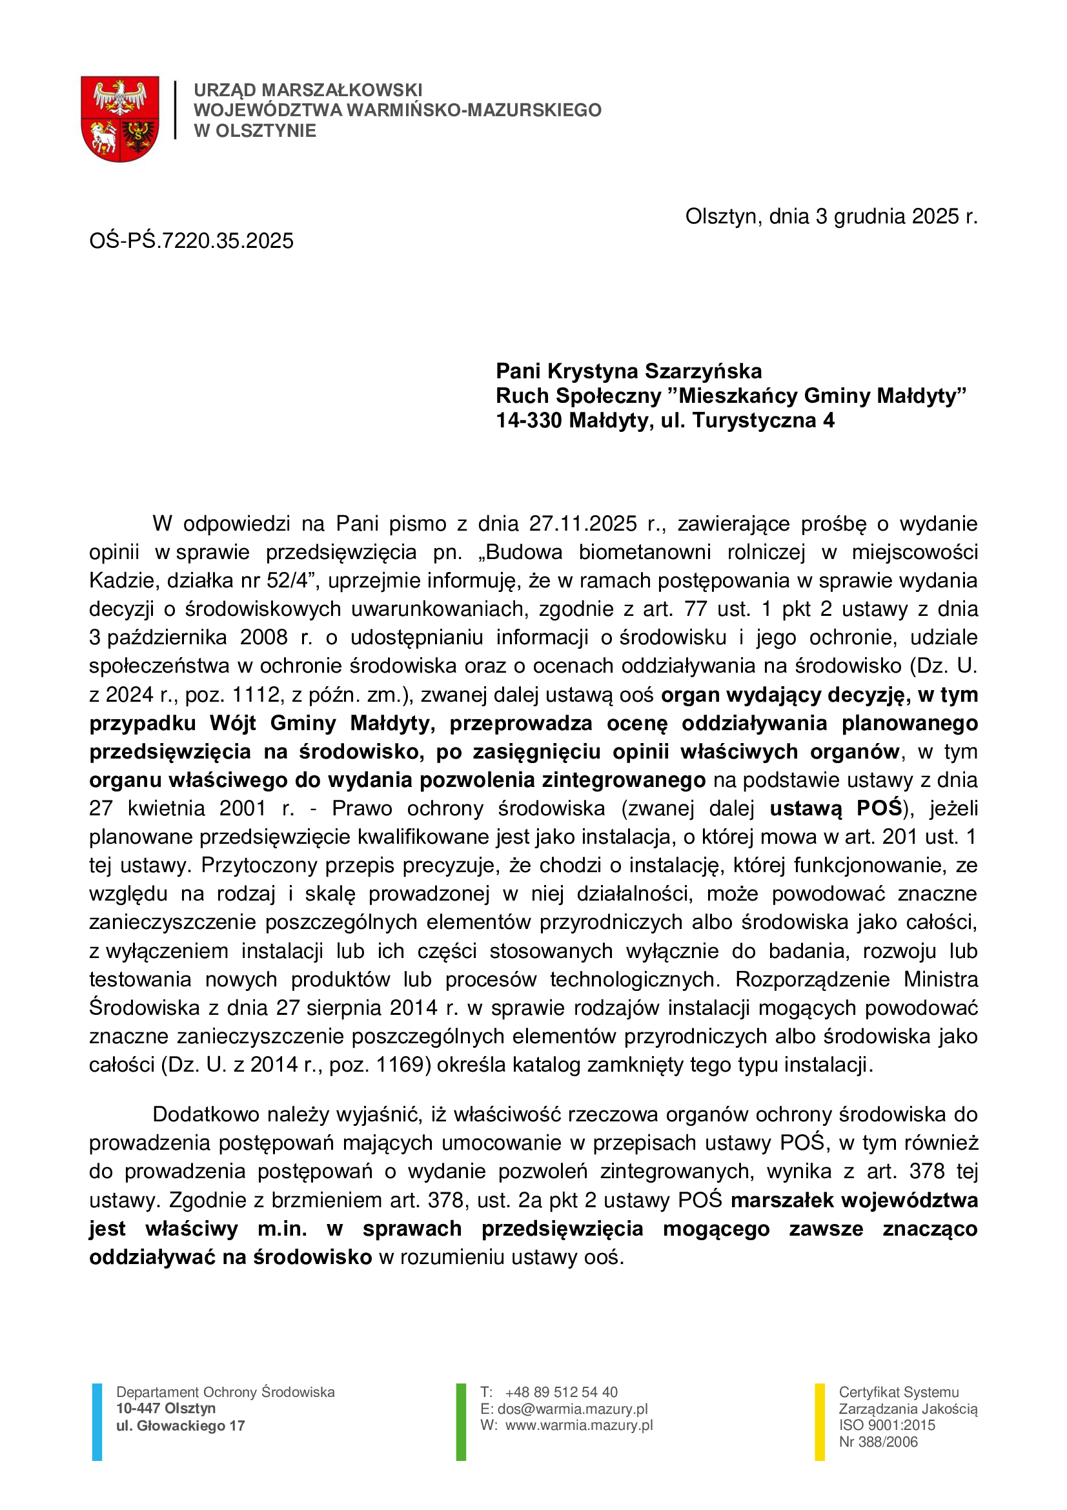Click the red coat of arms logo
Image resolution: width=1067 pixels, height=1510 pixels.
coord(119,118)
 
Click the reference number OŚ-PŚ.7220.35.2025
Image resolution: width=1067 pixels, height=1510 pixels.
coord(191,241)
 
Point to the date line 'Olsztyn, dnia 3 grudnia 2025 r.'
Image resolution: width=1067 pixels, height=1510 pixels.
coord(831,216)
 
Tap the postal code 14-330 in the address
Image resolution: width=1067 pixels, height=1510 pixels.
coord(529,420)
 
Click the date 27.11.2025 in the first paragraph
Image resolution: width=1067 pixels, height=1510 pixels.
coord(583,524)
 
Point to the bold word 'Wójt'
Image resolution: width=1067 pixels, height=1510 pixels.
coord(233,724)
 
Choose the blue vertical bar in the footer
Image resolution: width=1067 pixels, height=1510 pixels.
coord(97,1422)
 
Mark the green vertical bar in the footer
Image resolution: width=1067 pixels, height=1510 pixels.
coord(461,1422)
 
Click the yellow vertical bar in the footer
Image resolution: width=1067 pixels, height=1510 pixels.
coord(820,1422)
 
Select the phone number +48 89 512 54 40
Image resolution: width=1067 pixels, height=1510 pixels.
coord(562,1393)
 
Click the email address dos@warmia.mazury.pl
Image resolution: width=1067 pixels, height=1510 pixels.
coord(573,1409)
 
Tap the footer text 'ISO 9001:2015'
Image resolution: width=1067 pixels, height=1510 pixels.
coord(887,1425)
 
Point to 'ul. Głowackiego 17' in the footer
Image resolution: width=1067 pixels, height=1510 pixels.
coord(181,1426)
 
